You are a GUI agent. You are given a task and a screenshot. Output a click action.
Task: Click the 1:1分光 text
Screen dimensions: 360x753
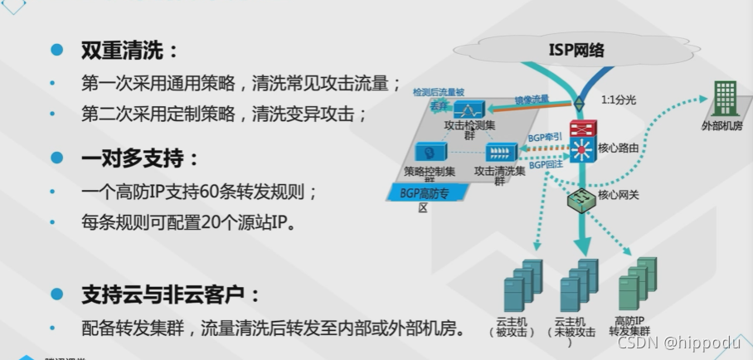(x=619, y=100)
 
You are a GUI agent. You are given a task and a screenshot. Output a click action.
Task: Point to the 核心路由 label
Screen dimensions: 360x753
(x=619, y=148)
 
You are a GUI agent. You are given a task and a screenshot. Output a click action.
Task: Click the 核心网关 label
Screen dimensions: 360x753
(x=619, y=197)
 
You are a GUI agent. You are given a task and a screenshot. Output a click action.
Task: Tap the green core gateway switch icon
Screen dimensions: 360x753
(x=580, y=199)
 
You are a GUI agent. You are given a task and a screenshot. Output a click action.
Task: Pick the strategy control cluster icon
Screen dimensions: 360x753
(x=430, y=153)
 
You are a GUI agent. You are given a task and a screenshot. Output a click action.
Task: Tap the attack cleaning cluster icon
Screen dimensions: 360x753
(x=500, y=153)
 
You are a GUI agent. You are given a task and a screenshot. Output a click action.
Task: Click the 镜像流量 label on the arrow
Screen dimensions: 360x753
(x=532, y=99)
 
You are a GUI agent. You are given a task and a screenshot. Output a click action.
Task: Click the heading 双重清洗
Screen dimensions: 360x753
(x=129, y=51)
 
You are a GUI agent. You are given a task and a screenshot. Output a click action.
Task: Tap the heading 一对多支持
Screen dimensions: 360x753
(x=140, y=158)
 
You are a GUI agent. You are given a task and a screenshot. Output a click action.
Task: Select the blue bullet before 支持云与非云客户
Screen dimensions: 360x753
(x=56, y=293)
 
